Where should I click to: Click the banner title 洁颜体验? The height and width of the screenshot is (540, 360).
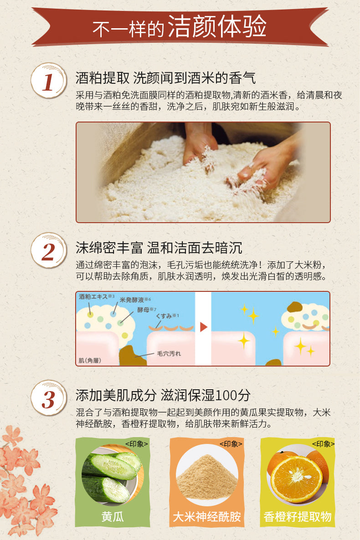[x=217, y=26]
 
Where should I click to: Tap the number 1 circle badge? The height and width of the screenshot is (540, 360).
[x=49, y=82]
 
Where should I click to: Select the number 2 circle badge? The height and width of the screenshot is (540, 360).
[x=49, y=251]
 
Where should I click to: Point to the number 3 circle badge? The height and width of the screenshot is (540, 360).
[x=49, y=398]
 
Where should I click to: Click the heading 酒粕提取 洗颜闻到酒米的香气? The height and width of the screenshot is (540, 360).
[x=165, y=78]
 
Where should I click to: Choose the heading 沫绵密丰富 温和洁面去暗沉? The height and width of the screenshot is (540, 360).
[x=159, y=248]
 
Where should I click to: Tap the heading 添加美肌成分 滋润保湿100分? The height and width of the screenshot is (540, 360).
[x=163, y=395]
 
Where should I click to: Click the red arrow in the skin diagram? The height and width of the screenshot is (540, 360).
[x=203, y=327]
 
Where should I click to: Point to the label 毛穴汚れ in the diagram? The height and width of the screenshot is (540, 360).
[x=169, y=353]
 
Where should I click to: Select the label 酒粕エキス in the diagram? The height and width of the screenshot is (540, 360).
[x=93, y=296]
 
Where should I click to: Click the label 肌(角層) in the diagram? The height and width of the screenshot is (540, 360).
[x=90, y=360]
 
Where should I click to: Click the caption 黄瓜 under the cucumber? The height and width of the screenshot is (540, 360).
[x=113, y=517]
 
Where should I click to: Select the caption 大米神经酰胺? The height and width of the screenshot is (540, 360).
[x=207, y=517]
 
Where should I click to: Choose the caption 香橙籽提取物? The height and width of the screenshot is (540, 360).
[x=298, y=517]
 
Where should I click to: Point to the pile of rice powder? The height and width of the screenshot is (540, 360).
[x=207, y=476]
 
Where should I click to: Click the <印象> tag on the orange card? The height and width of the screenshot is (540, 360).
[x=323, y=444]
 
